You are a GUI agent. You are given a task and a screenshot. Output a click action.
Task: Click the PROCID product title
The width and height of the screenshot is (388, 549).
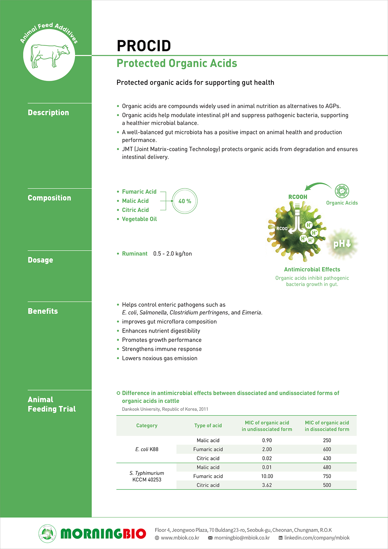(x=144, y=46)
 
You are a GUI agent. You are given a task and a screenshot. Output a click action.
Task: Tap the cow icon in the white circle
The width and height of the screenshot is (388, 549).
(x=50, y=55)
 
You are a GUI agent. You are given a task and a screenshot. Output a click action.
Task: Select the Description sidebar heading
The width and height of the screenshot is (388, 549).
(x=48, y=113)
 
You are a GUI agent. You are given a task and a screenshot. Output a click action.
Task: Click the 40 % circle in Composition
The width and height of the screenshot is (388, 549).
(x=185, y=201)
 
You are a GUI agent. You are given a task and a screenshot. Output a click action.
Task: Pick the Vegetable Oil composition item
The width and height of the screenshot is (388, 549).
(x=139, y=219)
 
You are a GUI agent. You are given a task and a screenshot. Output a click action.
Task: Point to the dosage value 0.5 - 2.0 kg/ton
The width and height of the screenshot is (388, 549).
(x=172, y=254)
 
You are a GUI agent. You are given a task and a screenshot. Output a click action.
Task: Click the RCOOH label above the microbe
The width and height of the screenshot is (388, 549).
(x=297, y=197)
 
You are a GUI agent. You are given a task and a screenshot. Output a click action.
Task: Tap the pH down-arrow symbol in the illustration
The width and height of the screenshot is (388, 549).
(x=342, y=244)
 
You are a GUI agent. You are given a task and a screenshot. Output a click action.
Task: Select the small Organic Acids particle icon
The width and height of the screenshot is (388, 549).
(x=342, y=191)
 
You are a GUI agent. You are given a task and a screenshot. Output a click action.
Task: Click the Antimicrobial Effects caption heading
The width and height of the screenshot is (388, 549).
(x=312, y=269)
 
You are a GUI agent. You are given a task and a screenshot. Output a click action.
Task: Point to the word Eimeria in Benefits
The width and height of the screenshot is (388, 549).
(x=252, y=313)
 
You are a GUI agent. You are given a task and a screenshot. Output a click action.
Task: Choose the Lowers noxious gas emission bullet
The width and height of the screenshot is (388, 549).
(x=159, y=358)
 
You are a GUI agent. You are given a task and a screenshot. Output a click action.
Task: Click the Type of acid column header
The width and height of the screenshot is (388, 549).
(x=208, y=425)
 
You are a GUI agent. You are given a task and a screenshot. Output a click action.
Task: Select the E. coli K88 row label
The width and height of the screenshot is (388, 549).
(x=147, y=449)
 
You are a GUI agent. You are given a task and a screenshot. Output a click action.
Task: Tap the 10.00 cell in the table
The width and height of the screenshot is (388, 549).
(x=267, y=476)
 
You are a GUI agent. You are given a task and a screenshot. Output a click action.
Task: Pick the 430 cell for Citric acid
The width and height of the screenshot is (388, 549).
(x=327, y=458)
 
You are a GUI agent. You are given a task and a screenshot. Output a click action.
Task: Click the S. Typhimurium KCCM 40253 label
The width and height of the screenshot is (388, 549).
(x=147, y=476)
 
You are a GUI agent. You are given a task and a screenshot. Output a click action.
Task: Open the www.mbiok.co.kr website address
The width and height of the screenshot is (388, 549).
(x=180, y=538)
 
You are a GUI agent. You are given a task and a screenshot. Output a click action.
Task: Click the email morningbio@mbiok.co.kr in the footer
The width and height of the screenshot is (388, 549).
(x=242, y=538)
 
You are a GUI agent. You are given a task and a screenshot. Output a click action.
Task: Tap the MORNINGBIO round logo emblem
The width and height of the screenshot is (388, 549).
(x=47, y=533)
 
